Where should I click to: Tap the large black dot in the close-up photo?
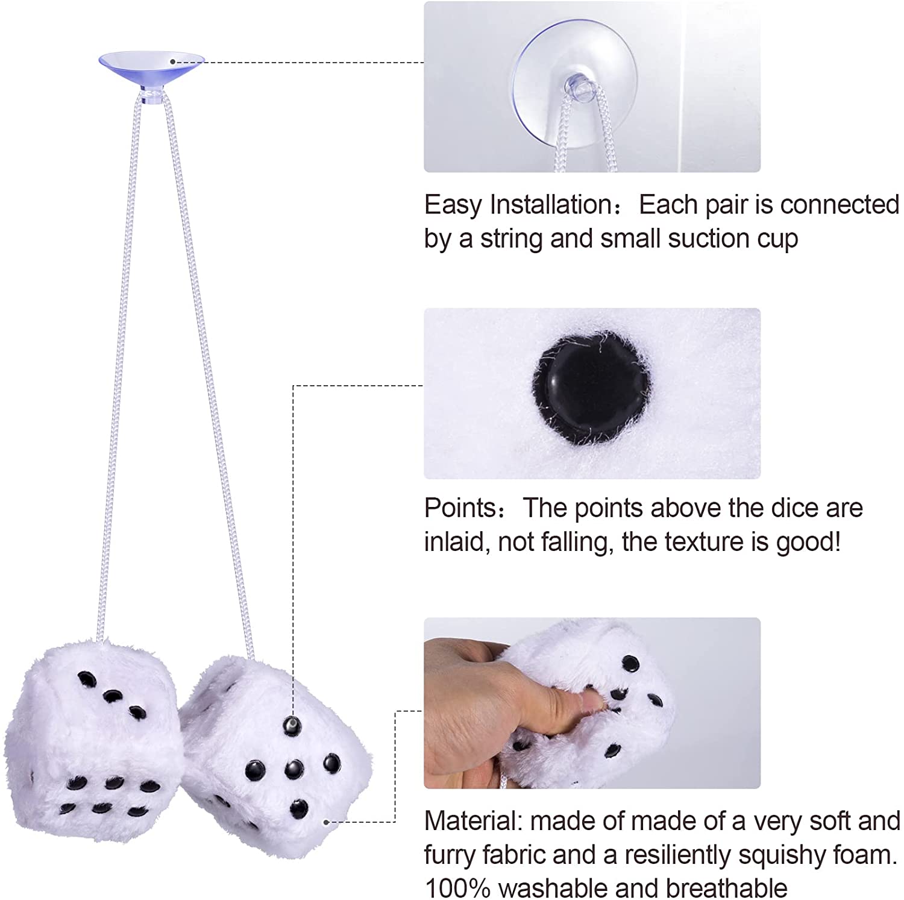pos(591,386)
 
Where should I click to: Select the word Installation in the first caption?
pos(552,204)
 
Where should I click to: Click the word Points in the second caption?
pos(460,508)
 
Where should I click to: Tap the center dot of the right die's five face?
pos(293,768)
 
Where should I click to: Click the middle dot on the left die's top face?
pos(111,696)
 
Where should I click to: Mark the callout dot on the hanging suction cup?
pos(173,61)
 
